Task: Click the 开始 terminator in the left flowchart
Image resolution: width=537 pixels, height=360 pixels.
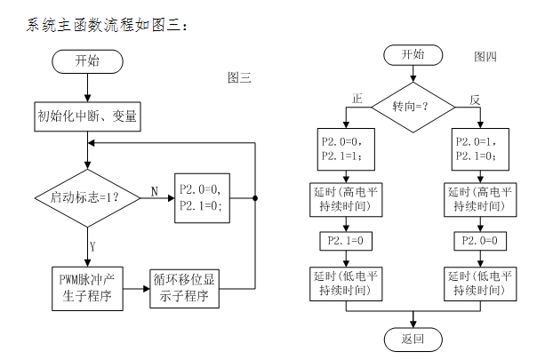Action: pos(87,61)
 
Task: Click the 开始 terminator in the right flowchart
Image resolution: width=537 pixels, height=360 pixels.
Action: pos(413,55)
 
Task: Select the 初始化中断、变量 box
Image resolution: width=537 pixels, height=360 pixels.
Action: pos(87,116)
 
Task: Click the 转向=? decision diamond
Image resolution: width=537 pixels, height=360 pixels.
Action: pos(412,108)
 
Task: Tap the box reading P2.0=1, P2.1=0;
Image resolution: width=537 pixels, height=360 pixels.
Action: pos(481,148)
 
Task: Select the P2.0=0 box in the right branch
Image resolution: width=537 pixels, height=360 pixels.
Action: pos(481,241)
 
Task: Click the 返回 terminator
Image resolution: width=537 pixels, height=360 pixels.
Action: pos(413,339)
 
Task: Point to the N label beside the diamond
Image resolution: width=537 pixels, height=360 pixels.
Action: pos(154,190)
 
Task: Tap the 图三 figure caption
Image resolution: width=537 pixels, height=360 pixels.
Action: pos(240,78)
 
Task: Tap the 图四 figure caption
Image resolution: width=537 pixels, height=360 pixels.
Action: pos(485,57)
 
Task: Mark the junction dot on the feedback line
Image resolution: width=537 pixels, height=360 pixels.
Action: pos(256,197)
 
